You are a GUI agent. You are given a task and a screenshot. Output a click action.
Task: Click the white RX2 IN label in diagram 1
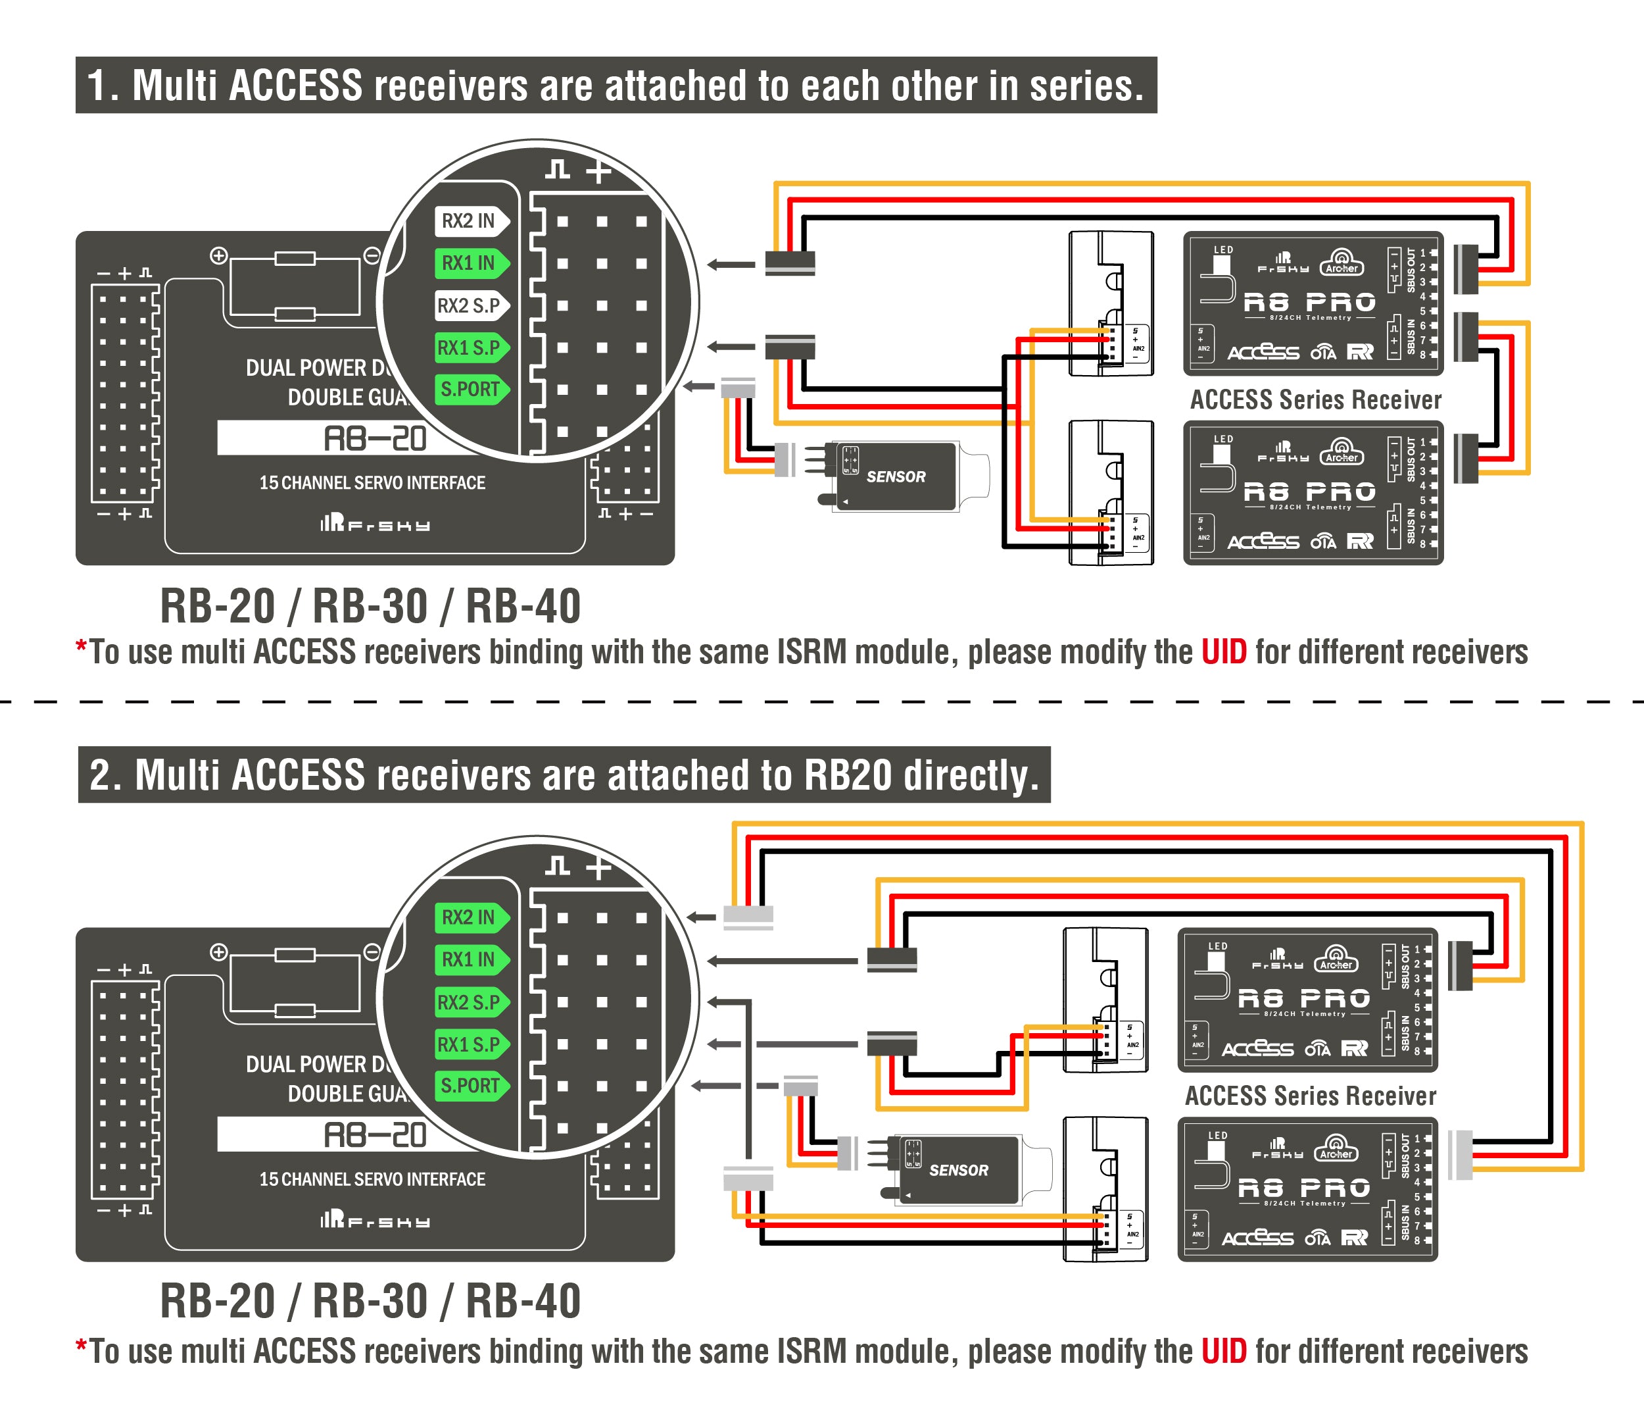pyautogui.click(x=470, y=220)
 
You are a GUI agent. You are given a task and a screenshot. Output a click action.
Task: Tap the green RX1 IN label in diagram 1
pyautogui.click(x=470, y=263)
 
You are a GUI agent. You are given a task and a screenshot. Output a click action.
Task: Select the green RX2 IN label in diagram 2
pyautogui.click(x=470, y=917)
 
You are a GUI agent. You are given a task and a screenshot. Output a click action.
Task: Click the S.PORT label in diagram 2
pyautogui.click(x=470, y=1085)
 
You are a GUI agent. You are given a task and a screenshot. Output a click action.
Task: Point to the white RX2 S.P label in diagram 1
pyautogui.click(x=470, y=305)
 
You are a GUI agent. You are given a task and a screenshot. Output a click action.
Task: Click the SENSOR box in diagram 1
pyautogui.click(x=895, y=476)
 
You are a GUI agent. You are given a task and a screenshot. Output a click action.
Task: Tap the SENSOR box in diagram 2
pyautogui.click(x=957, y=1170)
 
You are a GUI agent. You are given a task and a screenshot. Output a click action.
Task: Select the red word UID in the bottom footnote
pyautogui.click(x=1223, y=1351)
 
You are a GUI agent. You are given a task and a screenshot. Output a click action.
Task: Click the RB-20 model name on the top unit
pyautogui.click(x=374, y=438)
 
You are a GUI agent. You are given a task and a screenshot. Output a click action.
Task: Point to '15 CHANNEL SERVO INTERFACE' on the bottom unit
pyautogui.click(x=372, y=1179)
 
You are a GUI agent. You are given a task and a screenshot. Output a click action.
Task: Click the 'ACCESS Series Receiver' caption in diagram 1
pyautogui.click(x=1315, y=399)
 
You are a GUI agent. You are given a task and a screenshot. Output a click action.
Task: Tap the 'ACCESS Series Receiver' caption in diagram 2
pyautogui.click(x=1310, y=1096)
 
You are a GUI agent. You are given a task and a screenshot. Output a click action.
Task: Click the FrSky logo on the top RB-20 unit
pyautogui.click(x=375, y=524)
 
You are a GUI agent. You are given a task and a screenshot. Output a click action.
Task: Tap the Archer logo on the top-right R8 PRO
pyautogui.click(x=1341, y=262)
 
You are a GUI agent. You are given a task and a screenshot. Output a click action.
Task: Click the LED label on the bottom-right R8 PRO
pyautogui.click(x=1217, y=1136)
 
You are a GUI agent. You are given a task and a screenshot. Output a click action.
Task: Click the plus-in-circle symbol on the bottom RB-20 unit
pyautogui.click(x=219, y=952)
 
